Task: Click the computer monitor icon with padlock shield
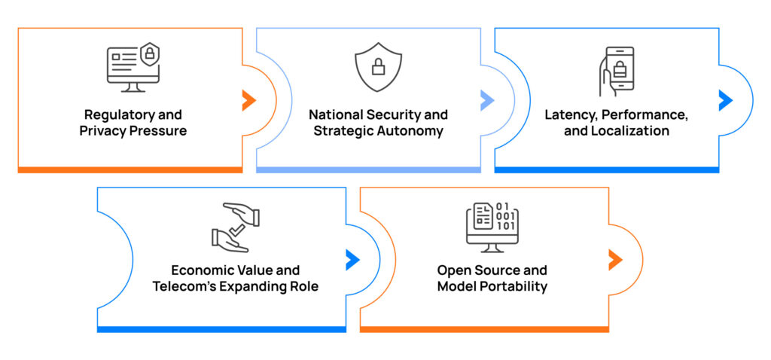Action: [x=133, y=68]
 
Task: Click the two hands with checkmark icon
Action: [x=235, y=227]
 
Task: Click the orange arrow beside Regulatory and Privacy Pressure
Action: [x=248, y=99]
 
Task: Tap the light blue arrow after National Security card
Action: [x=486, y=99]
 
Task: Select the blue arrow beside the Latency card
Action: [x=725, y=99]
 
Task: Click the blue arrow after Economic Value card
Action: [x=352, y=260]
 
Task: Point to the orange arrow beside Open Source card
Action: [x=615, y=260]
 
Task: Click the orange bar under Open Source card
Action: [x=484, y=329]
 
